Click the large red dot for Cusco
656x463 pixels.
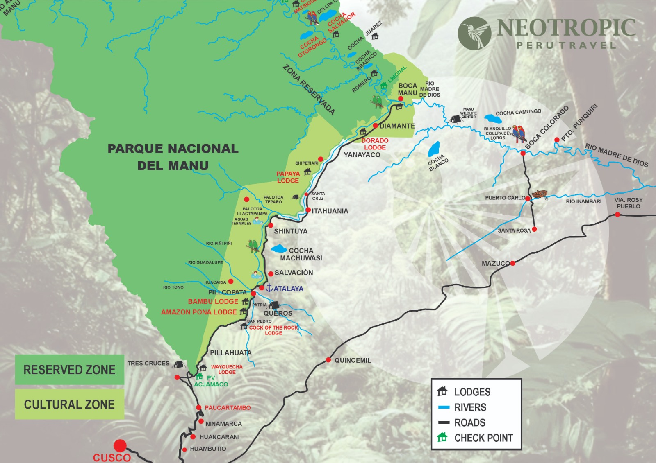click(120, 446)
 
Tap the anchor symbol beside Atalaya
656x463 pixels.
click(269, 288)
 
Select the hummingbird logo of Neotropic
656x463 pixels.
click(475, 33)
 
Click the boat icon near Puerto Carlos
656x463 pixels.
click(540, 194)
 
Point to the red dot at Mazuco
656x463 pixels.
click(512, 263)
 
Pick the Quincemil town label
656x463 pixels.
click(353, 360)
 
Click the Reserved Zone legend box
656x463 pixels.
click(69, 370)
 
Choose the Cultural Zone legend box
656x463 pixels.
click(69, 404)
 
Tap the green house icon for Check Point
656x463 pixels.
click(442, 437)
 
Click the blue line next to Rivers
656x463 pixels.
click(444, 407)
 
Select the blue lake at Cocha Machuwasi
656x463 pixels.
click(279, 248)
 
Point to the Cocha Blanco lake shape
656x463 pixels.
click(434, 149)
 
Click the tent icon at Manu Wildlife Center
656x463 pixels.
click(454, 119)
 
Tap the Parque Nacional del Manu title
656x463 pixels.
click(173, 157)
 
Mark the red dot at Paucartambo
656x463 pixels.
click(198, 407)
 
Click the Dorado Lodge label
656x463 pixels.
click(375, 144)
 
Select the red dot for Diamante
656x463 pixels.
click(375, 126)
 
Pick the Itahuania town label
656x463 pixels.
click(330, 211)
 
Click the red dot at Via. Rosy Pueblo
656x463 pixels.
click(617, 215)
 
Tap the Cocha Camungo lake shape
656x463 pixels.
click(493, 119)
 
